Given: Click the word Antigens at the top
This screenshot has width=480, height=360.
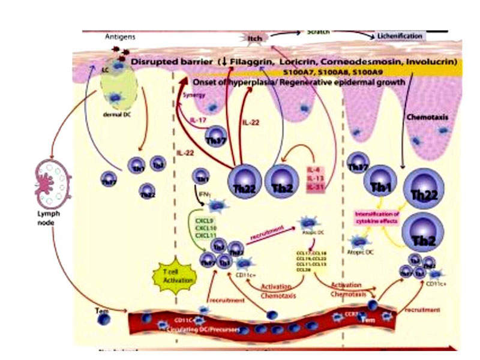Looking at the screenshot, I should click(x=120, y=37).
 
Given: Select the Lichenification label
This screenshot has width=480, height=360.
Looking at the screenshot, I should click(x=400, y=36).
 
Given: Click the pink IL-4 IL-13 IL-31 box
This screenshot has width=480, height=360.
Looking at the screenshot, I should click(x=316, y=178).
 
